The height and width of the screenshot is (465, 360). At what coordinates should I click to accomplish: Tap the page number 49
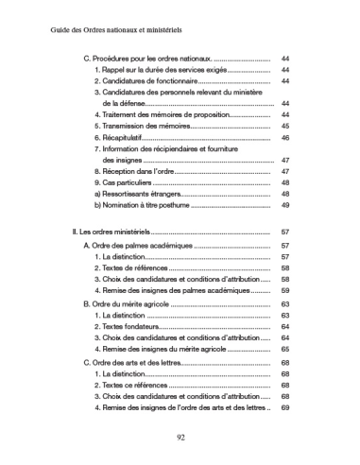point(285,205)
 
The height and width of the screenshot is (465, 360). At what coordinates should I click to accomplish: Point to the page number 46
point(285,138)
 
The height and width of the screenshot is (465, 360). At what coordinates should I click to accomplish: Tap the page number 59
point(285,291)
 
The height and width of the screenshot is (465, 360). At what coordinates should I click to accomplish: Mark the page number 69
point(285,408)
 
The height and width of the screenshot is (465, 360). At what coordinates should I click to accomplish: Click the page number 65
point(285,350)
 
